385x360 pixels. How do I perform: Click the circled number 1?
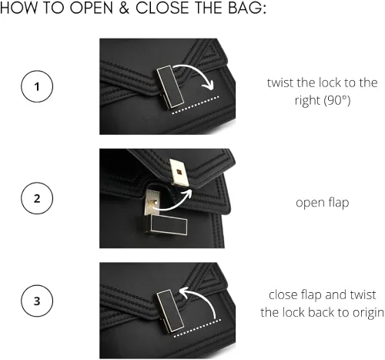(x=37, y=86)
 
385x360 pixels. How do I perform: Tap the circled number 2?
(x=37, y=198)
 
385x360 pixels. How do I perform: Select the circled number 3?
(x=37, y=301)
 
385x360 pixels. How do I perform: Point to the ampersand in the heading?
(x=124, y=8)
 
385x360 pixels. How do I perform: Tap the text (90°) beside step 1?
(x=336, y=100)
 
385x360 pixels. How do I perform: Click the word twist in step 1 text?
(x=280, y=82)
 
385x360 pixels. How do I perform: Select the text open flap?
(x=323, y=203)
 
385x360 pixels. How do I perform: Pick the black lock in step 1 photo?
(x=171, y=87)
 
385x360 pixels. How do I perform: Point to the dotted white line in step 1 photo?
(x=196, y=105)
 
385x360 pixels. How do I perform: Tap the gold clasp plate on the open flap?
(x=179, y=172)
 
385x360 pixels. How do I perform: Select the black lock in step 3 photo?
(x=171, y=311)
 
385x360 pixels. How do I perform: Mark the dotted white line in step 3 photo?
(x=197, y=328)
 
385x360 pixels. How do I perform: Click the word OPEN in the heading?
(x=92, y=8)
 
